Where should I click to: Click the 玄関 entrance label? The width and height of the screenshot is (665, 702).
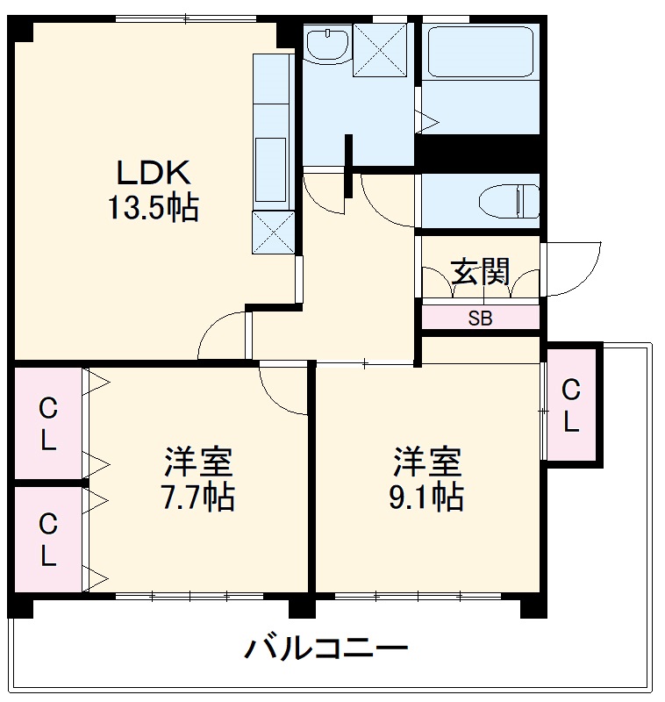click(480, 271)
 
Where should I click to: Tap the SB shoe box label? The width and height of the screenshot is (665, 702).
click(480, 319)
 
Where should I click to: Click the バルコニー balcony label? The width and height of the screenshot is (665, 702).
click(325, 650)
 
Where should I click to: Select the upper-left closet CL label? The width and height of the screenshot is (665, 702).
click(47, 424)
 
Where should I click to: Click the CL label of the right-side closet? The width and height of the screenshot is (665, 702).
click(571, 405)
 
